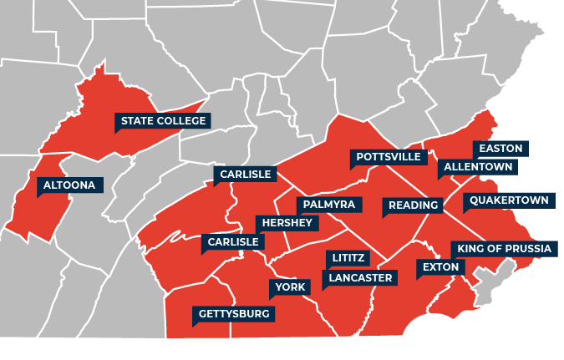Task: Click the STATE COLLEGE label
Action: (x=163, y=121)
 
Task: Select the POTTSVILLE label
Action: (x=388, y=157)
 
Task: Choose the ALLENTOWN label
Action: (x=478, y=167)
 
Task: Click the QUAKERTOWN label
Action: (x=509, y=200)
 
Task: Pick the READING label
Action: (x=413, y=205)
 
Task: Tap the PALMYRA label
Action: (x=329, y=205)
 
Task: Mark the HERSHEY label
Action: (x=287, y=223)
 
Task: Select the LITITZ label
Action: (x=348, y=259)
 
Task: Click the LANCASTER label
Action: (x=360, y=277)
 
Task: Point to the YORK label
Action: (x=291, y=287)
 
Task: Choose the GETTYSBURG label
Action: (x=234, y=314)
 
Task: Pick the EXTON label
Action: (x=440, y=267)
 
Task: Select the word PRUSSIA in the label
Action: (x=526, y=249)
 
